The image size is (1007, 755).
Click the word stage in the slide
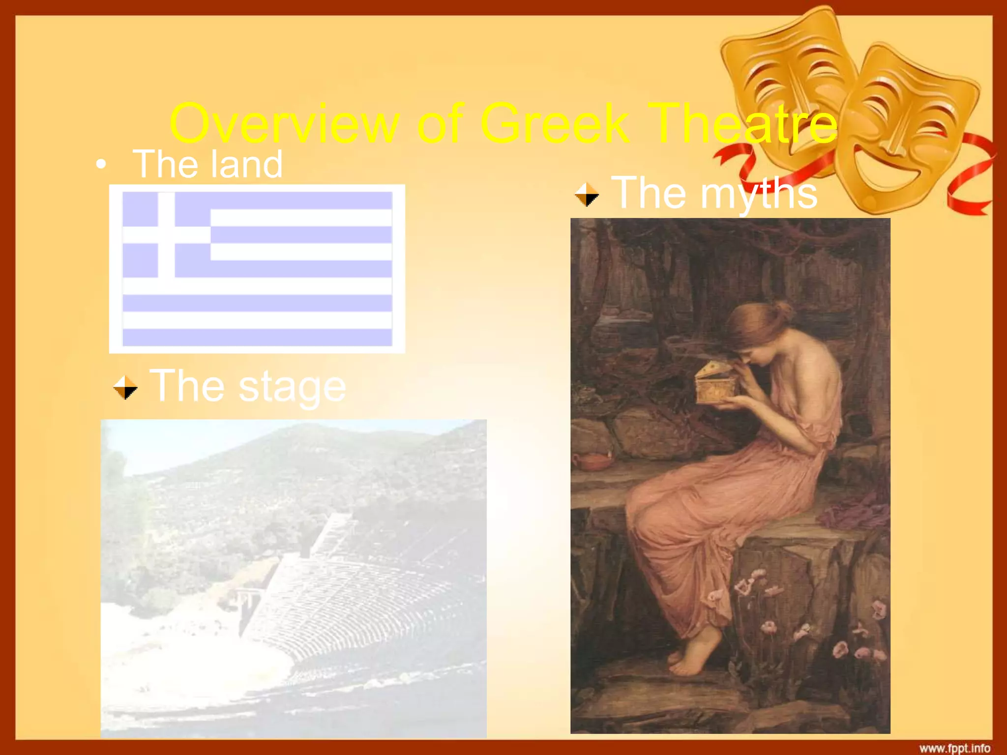292,387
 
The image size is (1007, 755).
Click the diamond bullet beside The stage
125,387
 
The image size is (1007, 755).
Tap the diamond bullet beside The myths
587,194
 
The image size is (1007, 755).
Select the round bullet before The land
101,165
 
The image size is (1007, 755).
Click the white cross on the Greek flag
166,234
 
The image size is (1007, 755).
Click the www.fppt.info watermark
954,748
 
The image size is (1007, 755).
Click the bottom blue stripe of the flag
257,337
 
